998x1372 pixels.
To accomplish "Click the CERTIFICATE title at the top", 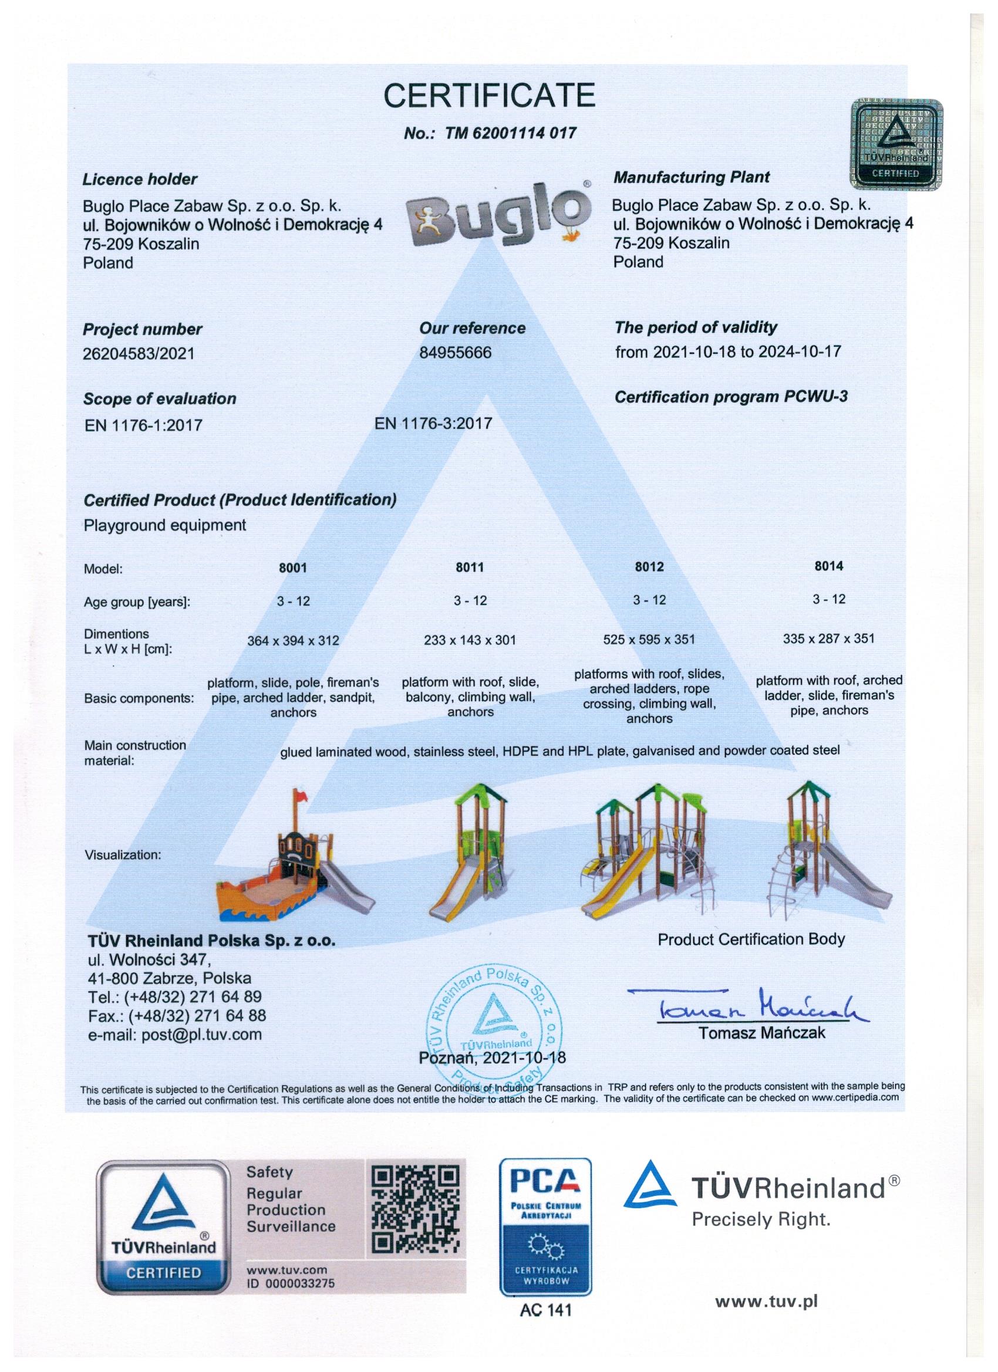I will tap(490, 95).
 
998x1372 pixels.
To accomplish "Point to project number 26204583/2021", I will tap(139, 353).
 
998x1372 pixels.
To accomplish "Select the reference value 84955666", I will tap(455, 352).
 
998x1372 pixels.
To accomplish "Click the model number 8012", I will tap(649, 567).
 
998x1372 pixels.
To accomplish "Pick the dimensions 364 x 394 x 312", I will tap(293, 641).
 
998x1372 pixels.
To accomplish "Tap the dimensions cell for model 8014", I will tap(828, 638).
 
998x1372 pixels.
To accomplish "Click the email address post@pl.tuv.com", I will tap(175, 1035).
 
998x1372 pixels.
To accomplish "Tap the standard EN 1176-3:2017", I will tap(433, 424).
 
